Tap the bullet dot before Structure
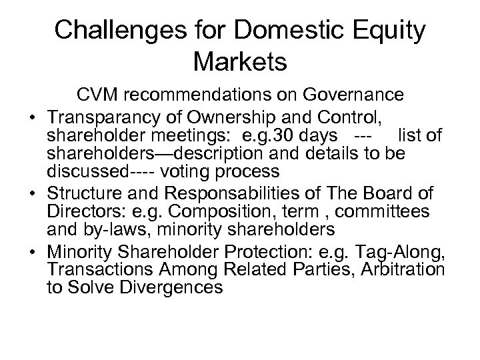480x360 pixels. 31,195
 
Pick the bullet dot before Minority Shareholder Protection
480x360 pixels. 31,252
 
